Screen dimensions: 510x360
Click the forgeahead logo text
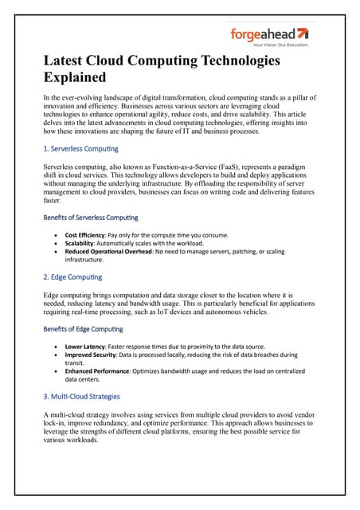262,34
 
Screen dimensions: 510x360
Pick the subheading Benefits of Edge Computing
82,328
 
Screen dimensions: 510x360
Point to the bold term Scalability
82,243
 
